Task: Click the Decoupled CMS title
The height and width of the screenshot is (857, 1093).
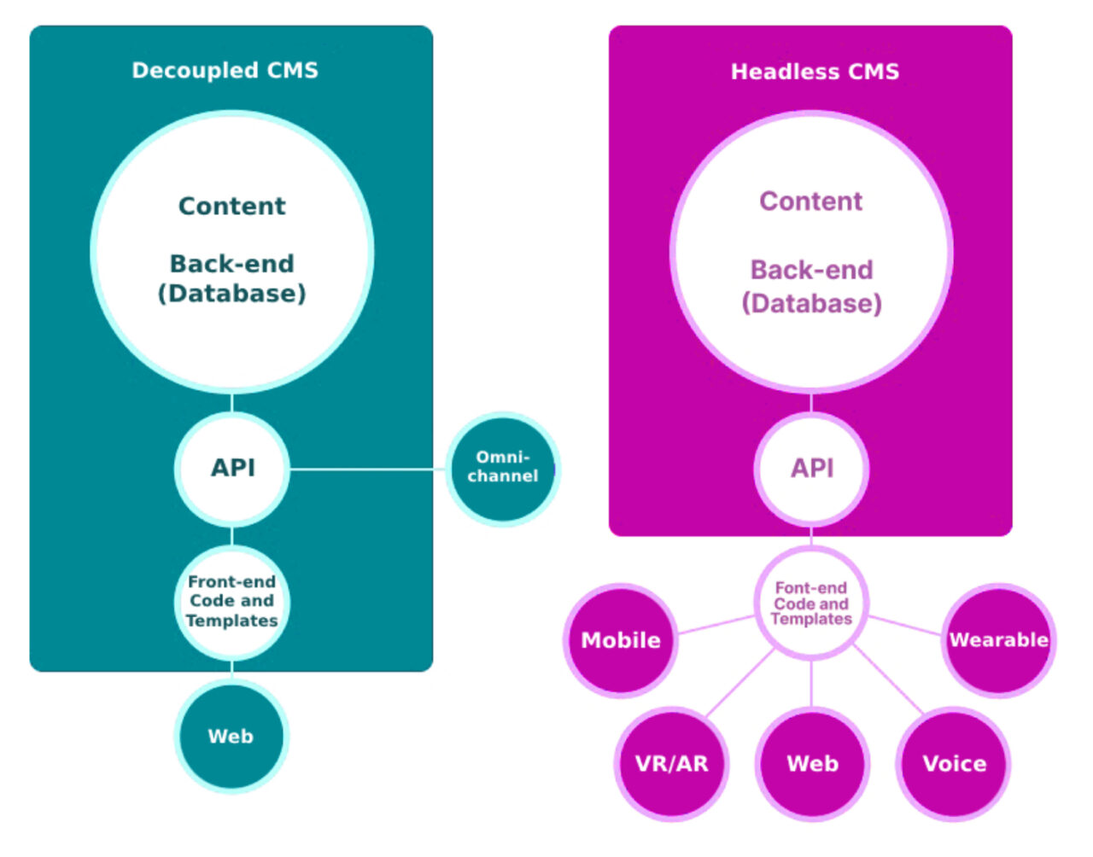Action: tap(225, 70)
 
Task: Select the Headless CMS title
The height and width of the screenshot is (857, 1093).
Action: tap(815, 72)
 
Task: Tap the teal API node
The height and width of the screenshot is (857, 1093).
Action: tap(232, 468)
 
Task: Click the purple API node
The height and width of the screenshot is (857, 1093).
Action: tap(811, 469)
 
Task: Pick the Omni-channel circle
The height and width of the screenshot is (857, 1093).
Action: tap(503, 468)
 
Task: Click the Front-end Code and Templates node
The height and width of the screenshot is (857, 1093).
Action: tap(232, 602)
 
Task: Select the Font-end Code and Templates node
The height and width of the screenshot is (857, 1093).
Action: tap(811, 603)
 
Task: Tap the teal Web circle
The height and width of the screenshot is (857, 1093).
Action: tap(231, 736)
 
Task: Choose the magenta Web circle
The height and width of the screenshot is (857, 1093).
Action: tap(812, 763)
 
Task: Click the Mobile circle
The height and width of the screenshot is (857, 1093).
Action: tap(621, 640)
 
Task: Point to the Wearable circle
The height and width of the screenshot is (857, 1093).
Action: tap(998, 640)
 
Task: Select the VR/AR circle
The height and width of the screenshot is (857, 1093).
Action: tap(672, 763)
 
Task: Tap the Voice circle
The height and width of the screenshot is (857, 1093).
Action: tap(954, 763)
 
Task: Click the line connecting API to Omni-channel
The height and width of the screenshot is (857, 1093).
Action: tap(367, 469)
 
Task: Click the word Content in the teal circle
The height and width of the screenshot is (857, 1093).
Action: tap(232, 206)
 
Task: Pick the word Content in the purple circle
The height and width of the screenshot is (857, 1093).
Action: tap(811, 201)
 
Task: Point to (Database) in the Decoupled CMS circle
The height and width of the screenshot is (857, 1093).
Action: tap(232, 294)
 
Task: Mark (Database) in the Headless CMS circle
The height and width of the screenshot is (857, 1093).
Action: tap(811, 303)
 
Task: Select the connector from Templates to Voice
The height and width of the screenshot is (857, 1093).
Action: tap(888, 679)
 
